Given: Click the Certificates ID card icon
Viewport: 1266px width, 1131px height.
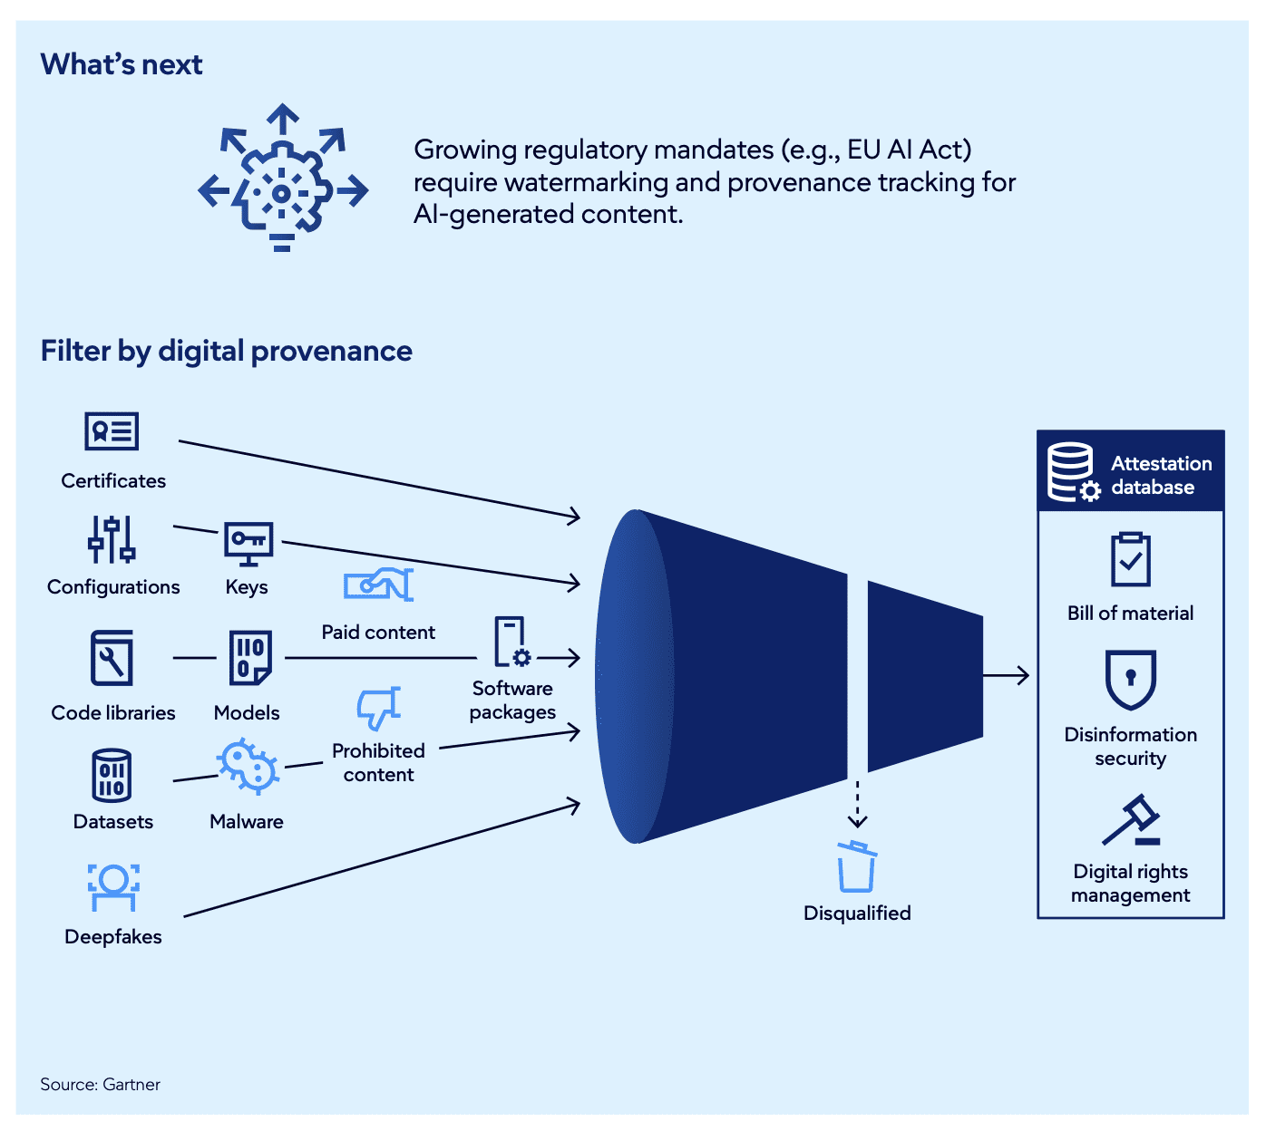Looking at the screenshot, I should click(112, 431).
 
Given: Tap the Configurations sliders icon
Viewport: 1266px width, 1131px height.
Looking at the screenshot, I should click(112, 540).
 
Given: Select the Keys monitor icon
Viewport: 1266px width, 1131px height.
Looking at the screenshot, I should click(248, 544).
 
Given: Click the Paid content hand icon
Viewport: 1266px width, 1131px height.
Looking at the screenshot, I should click(378, 585).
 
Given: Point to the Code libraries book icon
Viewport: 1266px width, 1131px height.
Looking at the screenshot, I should click(112, 658).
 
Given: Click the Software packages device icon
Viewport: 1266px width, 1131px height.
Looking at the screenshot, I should click(511, 643).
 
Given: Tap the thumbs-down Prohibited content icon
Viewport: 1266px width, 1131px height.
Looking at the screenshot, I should click(378, 708).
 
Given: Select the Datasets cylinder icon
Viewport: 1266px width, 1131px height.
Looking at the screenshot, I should click(112, 776).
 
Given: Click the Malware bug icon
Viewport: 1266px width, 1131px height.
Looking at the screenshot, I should click(247, 768).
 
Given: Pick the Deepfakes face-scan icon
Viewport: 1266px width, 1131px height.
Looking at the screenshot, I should click(113, 885).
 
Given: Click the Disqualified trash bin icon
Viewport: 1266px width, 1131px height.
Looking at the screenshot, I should click(856, 867).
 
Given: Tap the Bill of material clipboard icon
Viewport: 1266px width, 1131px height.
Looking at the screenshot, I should click(1130, 559).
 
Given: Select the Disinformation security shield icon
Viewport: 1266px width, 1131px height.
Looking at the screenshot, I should click(1130, 679).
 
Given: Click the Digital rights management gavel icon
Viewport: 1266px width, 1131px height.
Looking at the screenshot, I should click(1130, 821).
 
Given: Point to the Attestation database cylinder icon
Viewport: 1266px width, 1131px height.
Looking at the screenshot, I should click(1072, 471).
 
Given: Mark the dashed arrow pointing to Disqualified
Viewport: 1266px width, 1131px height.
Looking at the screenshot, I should click(857, 805).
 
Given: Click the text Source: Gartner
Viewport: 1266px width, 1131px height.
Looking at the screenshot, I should click(100, 1085).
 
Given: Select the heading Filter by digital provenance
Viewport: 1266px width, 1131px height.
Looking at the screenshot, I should click(226, 351).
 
